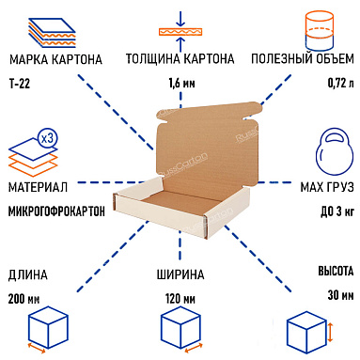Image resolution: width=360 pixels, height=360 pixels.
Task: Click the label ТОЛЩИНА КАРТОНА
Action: pos(180,59)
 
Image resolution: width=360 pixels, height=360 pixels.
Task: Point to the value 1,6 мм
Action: pos(180,83)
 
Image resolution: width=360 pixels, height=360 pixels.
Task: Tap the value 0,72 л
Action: pos(341,83)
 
